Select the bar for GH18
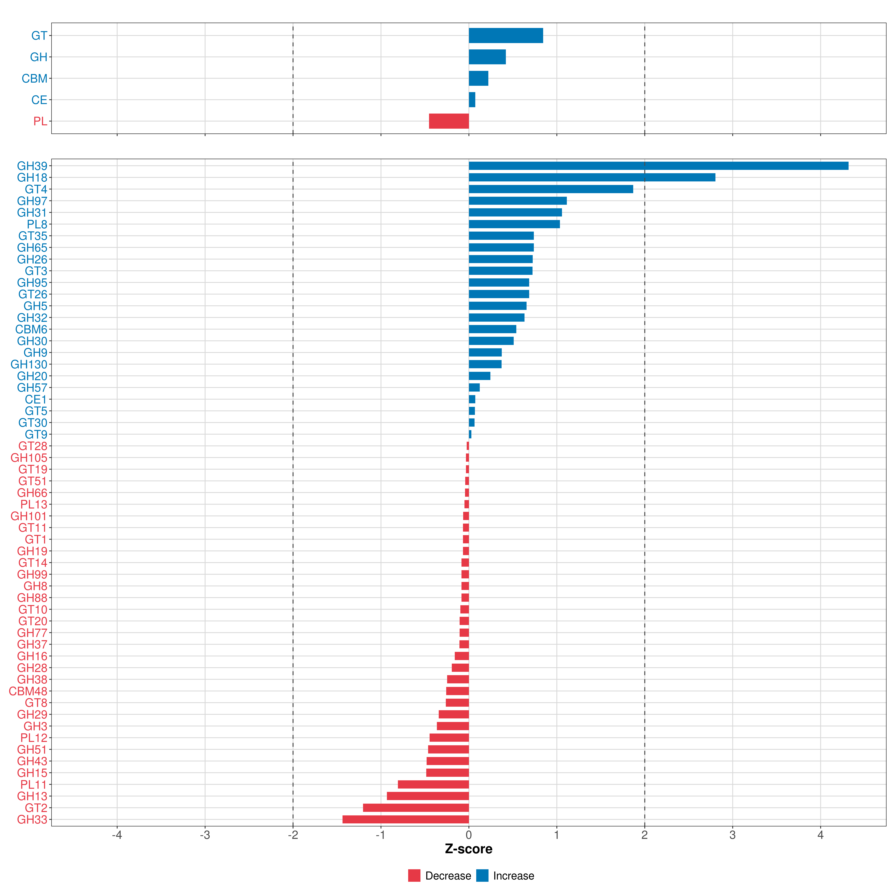point(592,178)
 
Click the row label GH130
point(29,365)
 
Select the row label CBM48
point(28,691)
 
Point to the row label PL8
point(37,224)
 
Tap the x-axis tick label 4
point(820,835)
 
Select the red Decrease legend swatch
point(414,876)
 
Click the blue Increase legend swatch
point(482,876)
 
